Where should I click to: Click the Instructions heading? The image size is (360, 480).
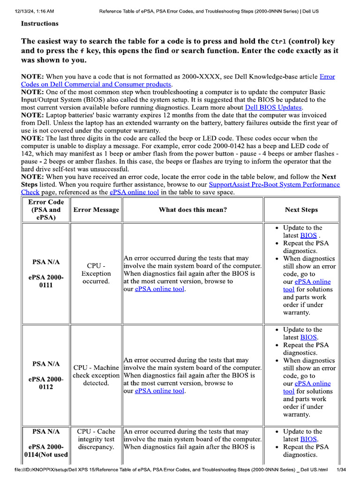[40, 23]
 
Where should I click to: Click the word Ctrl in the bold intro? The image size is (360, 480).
[281, 41]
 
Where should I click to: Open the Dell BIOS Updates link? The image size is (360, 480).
[273, 107]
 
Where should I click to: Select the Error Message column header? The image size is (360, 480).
[96, 210]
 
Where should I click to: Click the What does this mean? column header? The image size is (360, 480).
[193, 210]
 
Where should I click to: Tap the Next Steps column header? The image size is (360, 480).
[301, 210]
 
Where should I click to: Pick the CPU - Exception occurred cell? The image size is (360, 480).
[96, 274]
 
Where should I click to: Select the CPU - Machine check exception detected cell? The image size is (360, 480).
[96, 375]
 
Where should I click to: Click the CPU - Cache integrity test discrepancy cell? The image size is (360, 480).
[96, 439]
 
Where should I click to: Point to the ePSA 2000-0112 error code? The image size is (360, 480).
[46, 383]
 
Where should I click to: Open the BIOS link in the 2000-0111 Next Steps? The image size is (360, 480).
[308, 235]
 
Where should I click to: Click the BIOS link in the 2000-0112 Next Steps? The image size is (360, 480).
[308, 337]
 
